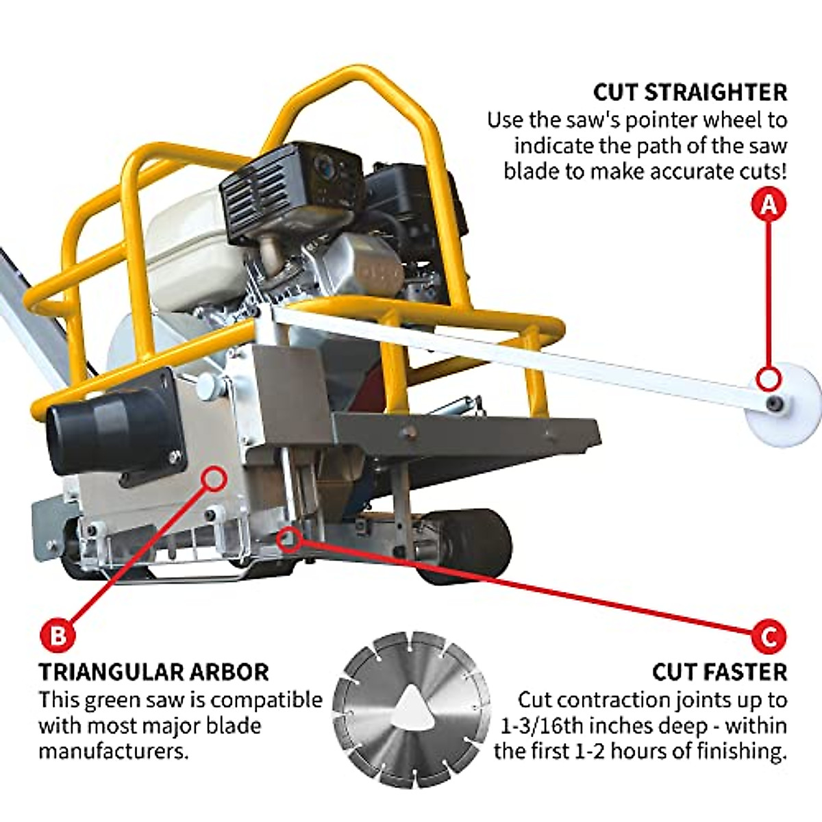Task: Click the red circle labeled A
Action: [769, 205]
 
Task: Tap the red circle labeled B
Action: [58, 635]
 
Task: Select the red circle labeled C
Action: [769, 636]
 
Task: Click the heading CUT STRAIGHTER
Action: [690, 92]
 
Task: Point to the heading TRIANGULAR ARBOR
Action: [153, 672]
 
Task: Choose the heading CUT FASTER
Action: [719, 672]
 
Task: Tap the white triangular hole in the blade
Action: [412, 706]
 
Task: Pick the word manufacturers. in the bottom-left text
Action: [113, 751]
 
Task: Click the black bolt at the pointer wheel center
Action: [775, 403]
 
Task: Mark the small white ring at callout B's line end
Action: [216, 477]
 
